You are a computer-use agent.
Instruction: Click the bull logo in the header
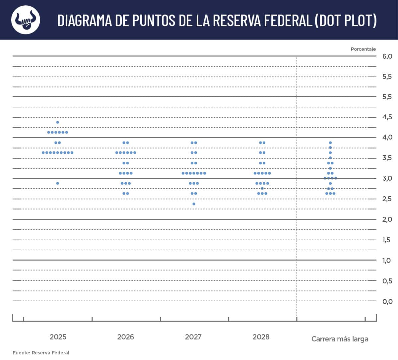pyautogui.click(x=26, y=20)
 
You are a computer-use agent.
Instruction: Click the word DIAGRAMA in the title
pyautogui.click(x=85, y=20)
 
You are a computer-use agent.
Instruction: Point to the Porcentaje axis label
pyautogui.click(x=363, y=49)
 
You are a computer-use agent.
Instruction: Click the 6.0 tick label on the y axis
pyautogui.click(x=387, y=56)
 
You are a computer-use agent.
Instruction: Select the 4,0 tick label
pyautogui.click(x=387, y=137)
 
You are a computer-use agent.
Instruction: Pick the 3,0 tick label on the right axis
pyautogui.click(x=387, y=178)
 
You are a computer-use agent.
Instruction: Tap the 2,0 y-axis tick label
pyautogui.click(x=387, y=219)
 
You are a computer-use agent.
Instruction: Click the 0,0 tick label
pyautogui.click(x=387, y=301)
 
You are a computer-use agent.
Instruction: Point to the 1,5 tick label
pyautogui.click(x=386, y=240)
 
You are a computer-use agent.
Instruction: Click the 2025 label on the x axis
pyautogui.click(x=58, y=337)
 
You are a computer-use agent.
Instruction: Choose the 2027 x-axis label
pyautogui.click(x=193, y=337)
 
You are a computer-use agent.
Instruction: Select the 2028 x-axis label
pyautogui.click(x=261, y=337)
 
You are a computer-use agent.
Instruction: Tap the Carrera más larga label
pyautogui.click(x=340, y=339)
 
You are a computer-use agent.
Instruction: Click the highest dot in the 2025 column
pyautogui.click(x=57, y=122)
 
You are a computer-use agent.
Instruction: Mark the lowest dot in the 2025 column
pyautogui.click(x=57, y=183)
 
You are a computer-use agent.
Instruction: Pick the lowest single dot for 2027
pyautogui.click(x=194, y=204)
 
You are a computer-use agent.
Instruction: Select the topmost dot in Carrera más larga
pyautogui.click(x=330, y=143)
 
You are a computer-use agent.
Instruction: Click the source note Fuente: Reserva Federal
pyautogui.click(x=41, y=353)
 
